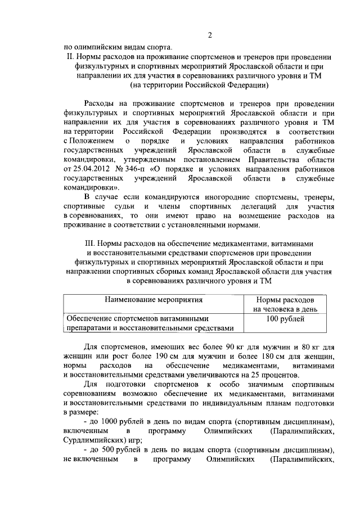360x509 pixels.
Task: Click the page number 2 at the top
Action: (210, 35)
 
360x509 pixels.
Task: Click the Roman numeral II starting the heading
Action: (70, 56)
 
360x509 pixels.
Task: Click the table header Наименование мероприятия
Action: (151, 302)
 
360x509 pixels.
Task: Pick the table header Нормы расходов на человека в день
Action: (286, 305)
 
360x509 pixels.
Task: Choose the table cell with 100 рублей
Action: (286, 319)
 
